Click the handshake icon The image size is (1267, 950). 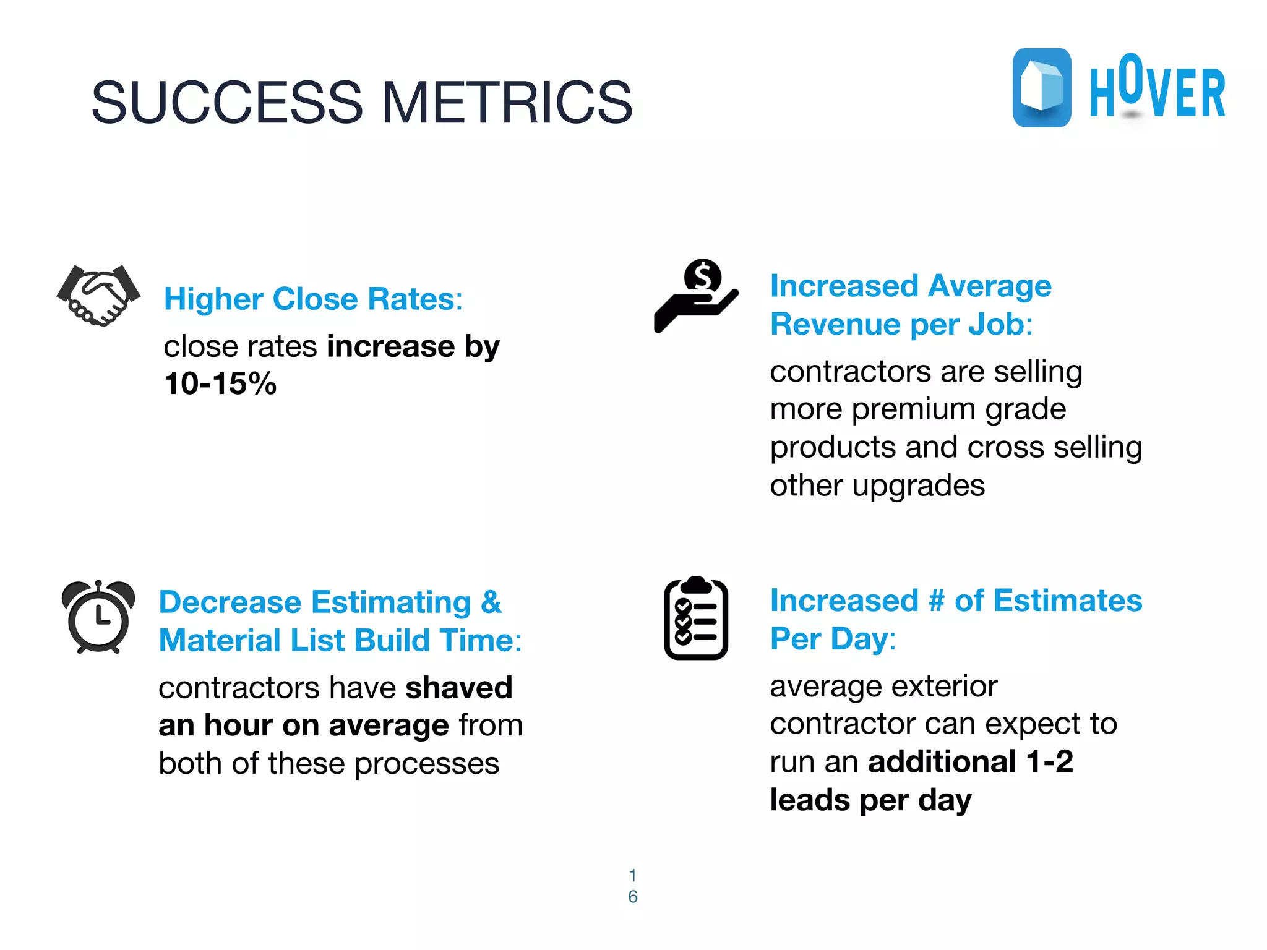tap(98, 296)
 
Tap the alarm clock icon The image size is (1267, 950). tap(98, 617)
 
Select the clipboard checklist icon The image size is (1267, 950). tap(696, 618)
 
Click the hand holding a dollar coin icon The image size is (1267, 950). tap(696, 296)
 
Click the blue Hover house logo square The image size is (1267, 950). tap(1042, 88)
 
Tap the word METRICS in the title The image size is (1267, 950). tap(507, 103)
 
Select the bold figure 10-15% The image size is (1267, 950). tap(220, 383)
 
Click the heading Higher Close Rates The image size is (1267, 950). tap(313, 299)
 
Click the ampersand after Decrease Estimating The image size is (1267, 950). tap(491, 602)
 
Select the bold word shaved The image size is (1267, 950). tap(459, 688)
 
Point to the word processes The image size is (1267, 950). tap(427, 764)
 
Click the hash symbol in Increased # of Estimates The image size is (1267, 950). tap(937, 601)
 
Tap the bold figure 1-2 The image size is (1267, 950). tap(1049, 762)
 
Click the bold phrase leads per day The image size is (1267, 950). tap(870, 800)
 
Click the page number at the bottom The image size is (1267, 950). tap(632, 886)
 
